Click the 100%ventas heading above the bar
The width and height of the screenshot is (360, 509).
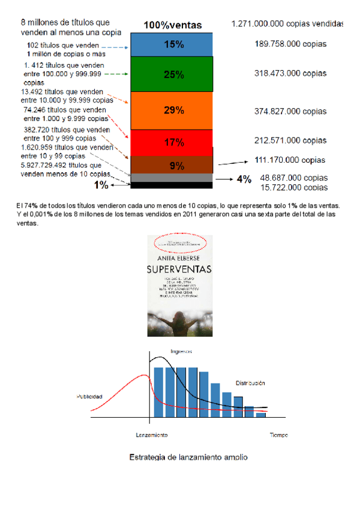(172, 25)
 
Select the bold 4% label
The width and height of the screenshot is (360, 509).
(244, 179)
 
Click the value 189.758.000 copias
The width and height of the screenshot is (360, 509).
(290, 44)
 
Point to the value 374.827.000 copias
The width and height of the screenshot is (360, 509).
(290, 111)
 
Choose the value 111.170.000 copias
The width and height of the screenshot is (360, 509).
(290, 160)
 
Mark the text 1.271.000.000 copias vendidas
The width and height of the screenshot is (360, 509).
(287, 24)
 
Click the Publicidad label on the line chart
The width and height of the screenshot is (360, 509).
(89, 397)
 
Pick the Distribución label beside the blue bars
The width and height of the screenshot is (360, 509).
(250, 382)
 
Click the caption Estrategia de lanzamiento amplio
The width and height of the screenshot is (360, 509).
(188, 457)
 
